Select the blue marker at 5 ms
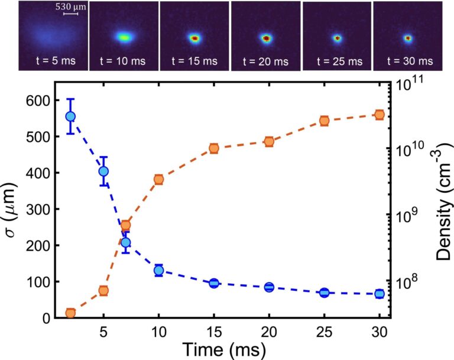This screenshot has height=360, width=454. tap(103, 171)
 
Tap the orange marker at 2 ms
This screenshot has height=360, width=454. tap(70, 313)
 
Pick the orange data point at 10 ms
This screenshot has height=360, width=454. tap(158, 179)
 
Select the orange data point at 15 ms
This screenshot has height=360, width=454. tap(214, 148)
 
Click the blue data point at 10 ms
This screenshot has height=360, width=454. tap(158, 271)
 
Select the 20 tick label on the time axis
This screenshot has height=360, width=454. tap(269, 332)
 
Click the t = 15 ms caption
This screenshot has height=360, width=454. tap(194, 61)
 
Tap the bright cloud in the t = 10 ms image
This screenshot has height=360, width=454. tap(124, 37)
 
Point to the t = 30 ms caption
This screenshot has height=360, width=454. tap(408, 61)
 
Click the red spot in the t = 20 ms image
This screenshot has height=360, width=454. tap(266, 38)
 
